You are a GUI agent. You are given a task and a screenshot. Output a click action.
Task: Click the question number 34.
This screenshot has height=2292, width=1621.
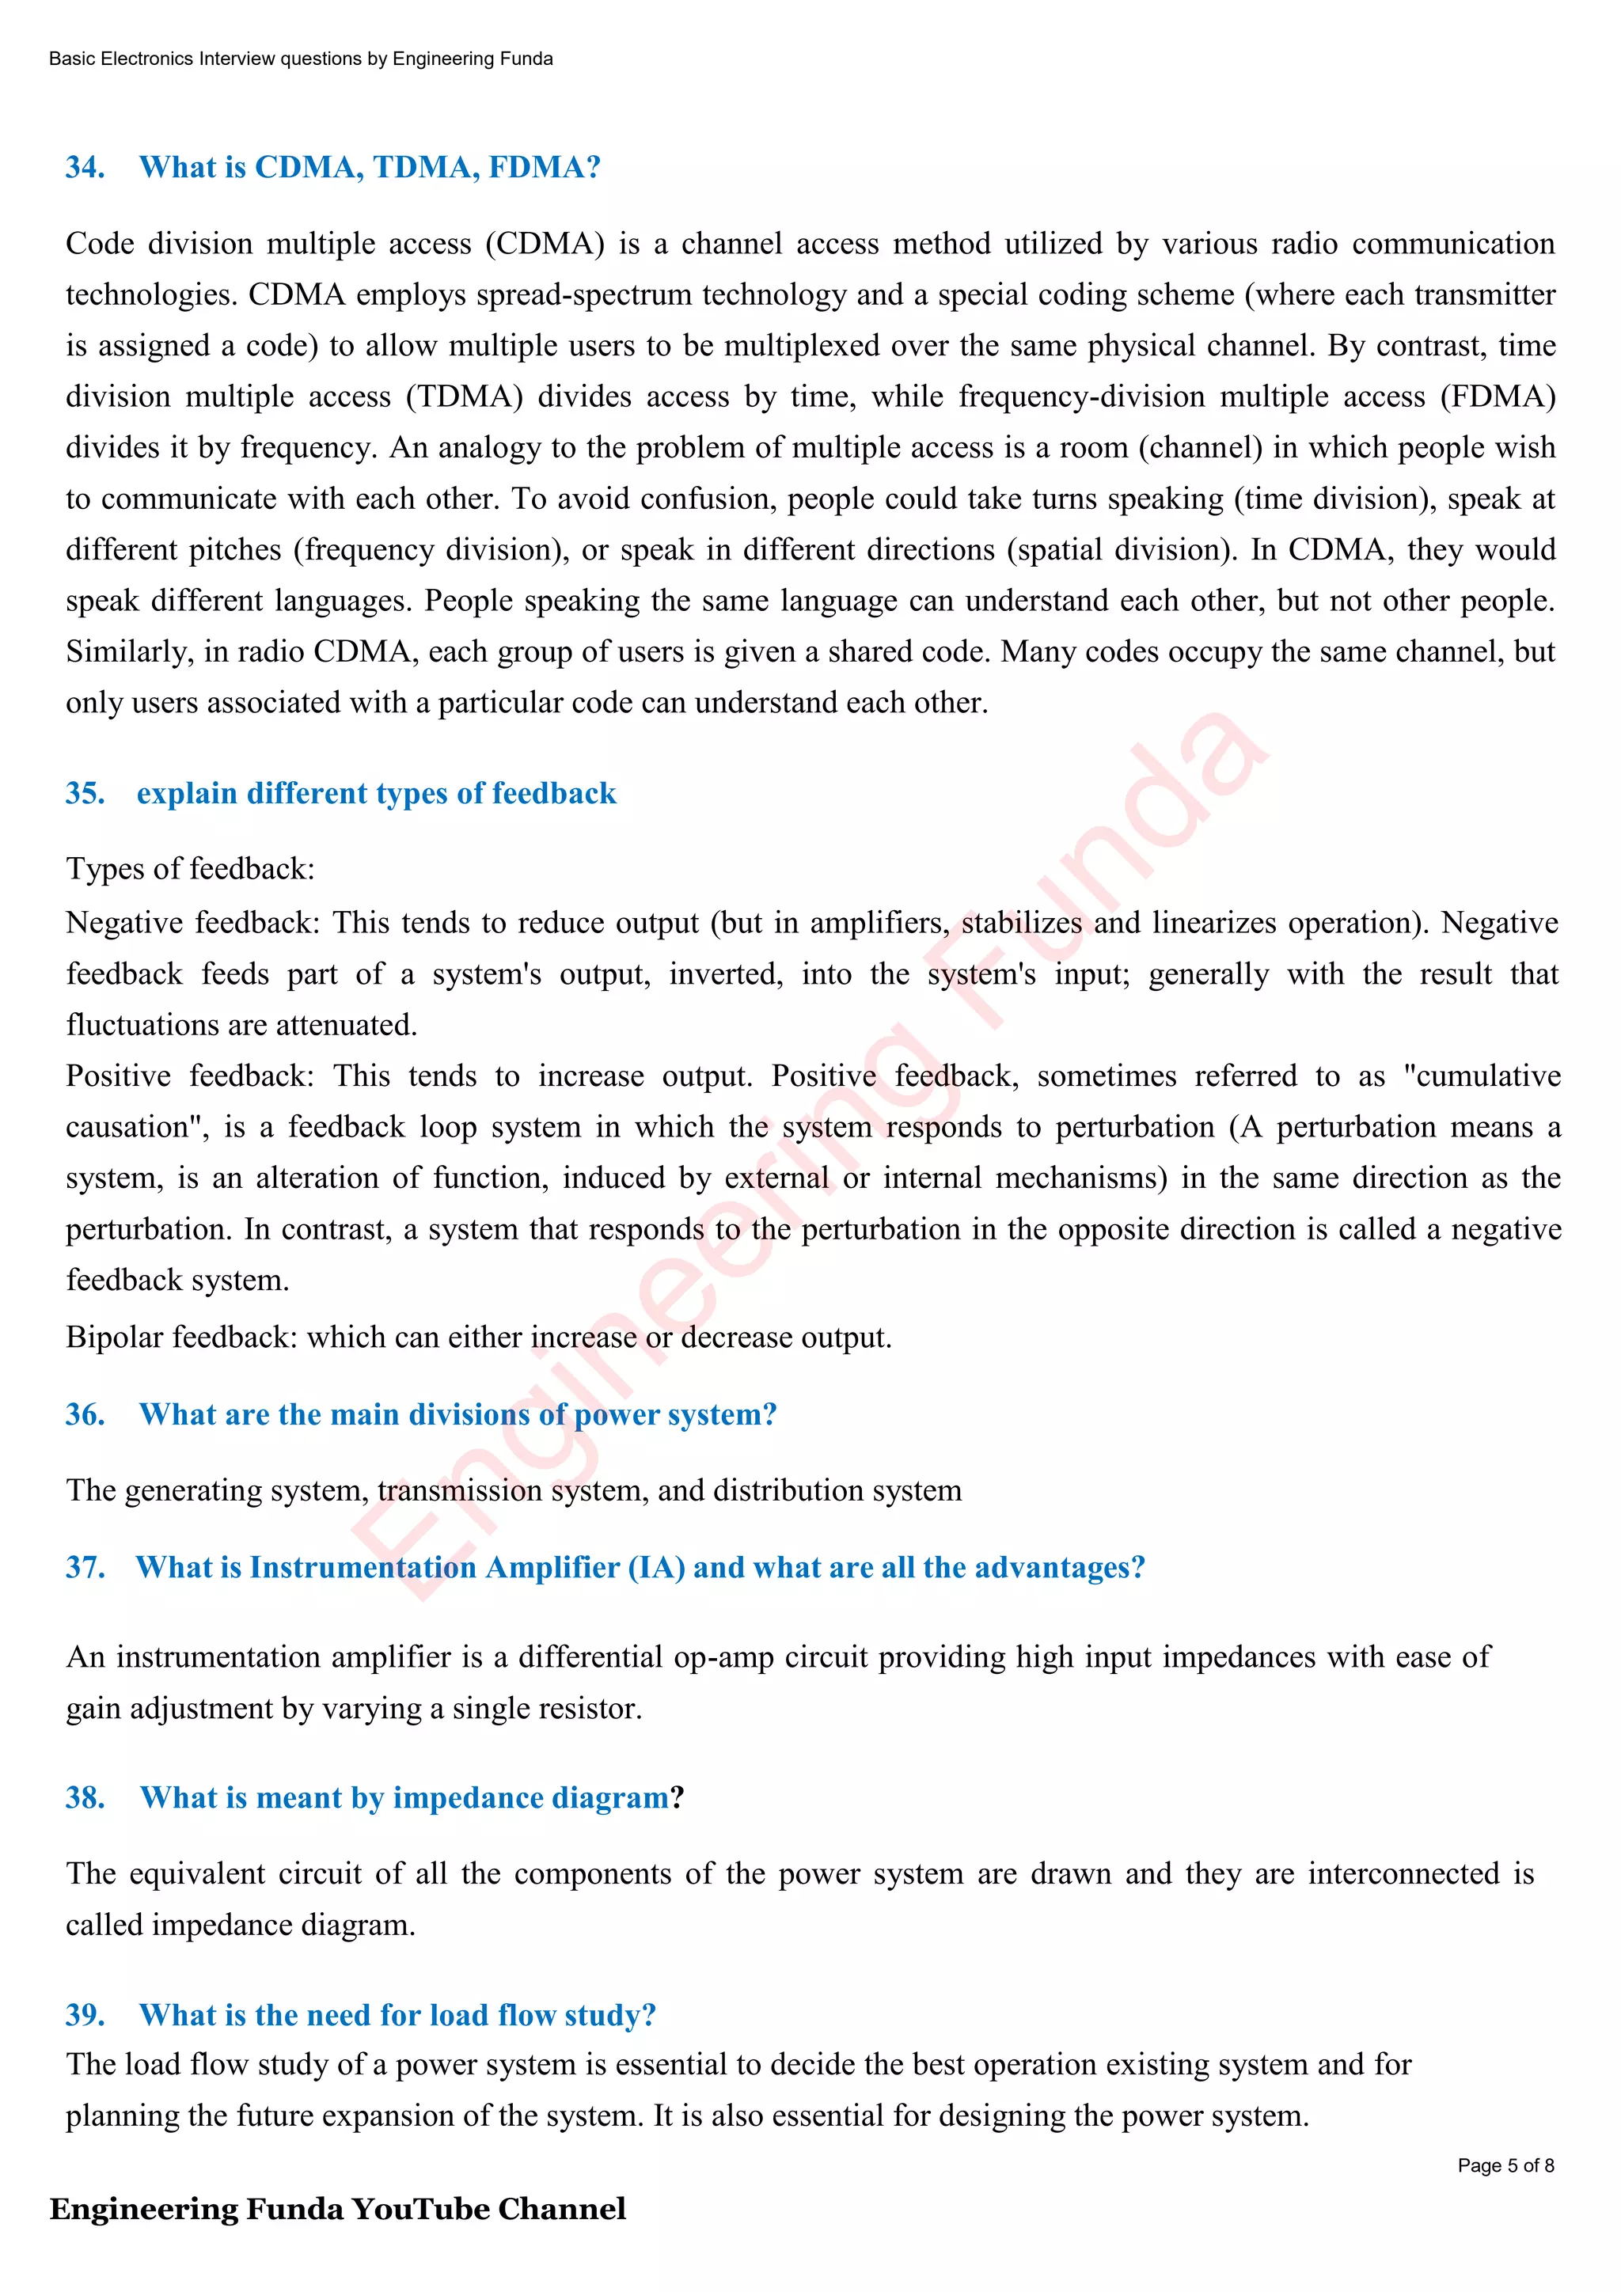point(85,168)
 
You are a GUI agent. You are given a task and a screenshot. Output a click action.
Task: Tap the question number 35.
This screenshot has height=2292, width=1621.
point(85,794)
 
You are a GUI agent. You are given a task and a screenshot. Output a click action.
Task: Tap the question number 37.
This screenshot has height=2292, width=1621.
point(85,1567)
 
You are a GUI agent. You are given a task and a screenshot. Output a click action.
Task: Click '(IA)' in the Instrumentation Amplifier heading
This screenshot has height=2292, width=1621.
point(656,1567)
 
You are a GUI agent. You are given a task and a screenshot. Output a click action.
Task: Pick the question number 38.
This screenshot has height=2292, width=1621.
point(85,1798)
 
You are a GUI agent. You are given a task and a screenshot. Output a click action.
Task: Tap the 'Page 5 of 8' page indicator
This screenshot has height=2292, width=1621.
point(1505,2165)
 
